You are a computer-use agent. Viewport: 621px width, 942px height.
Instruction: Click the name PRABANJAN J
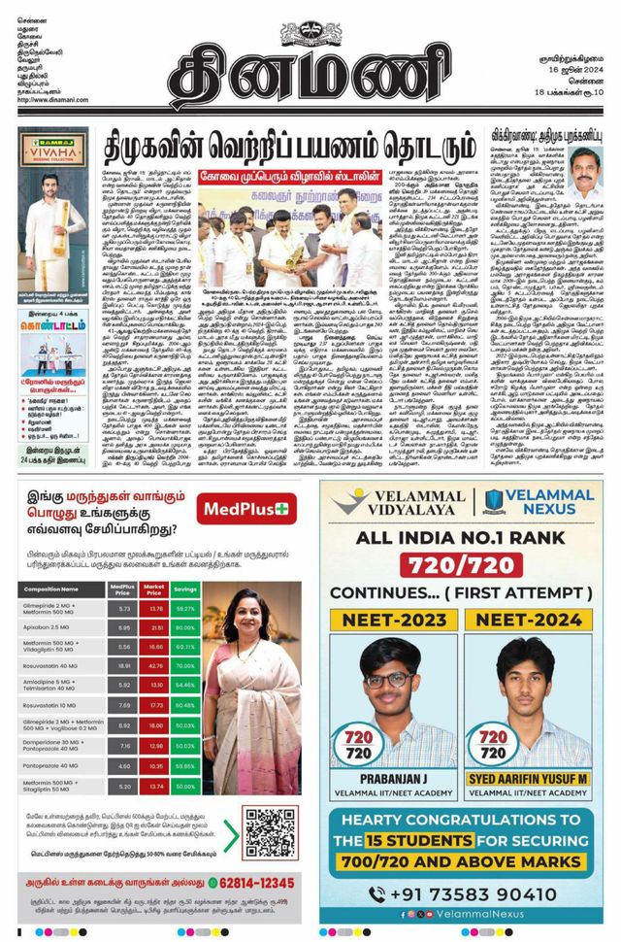coord(389,777)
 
